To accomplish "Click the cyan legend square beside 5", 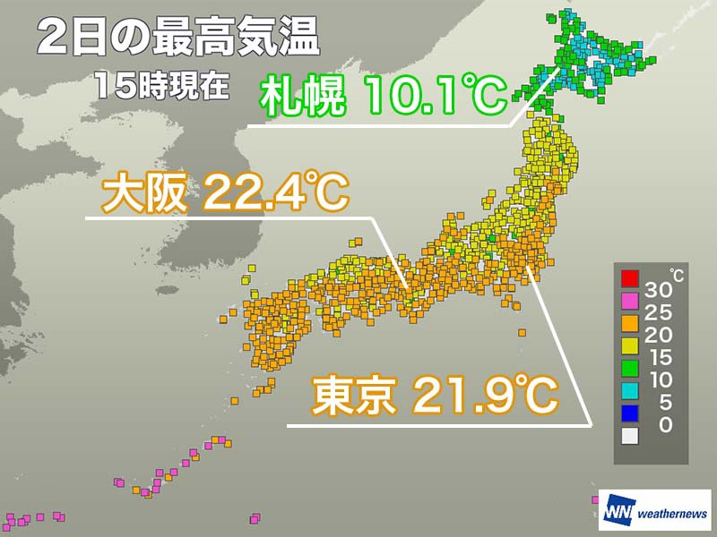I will point(631,387).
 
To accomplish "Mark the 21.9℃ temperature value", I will point(485,396).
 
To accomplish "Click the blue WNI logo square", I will point(618,513).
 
